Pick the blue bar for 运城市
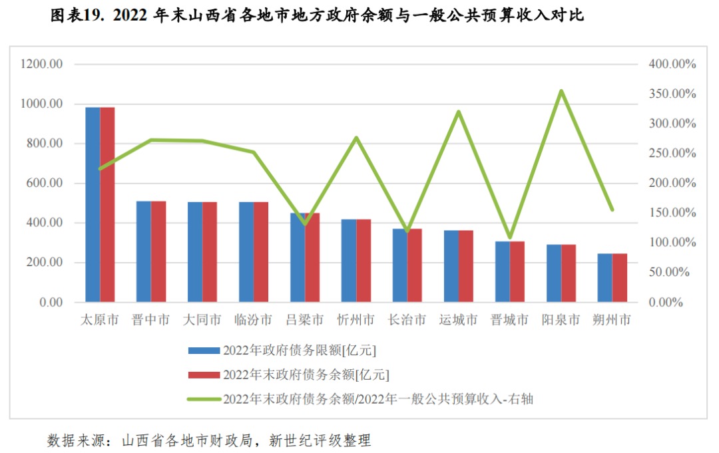(451, 266)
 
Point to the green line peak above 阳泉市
(561, 91)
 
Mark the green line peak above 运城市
(459, 112)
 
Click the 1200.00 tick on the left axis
(41, 65)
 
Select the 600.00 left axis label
(45, 184)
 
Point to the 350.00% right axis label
(672, 94)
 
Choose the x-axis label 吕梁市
(305, 321)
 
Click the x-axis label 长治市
(407, 321)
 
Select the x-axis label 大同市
(202, 321)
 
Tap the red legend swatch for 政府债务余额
(204, 375)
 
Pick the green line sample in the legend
(204, 399)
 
